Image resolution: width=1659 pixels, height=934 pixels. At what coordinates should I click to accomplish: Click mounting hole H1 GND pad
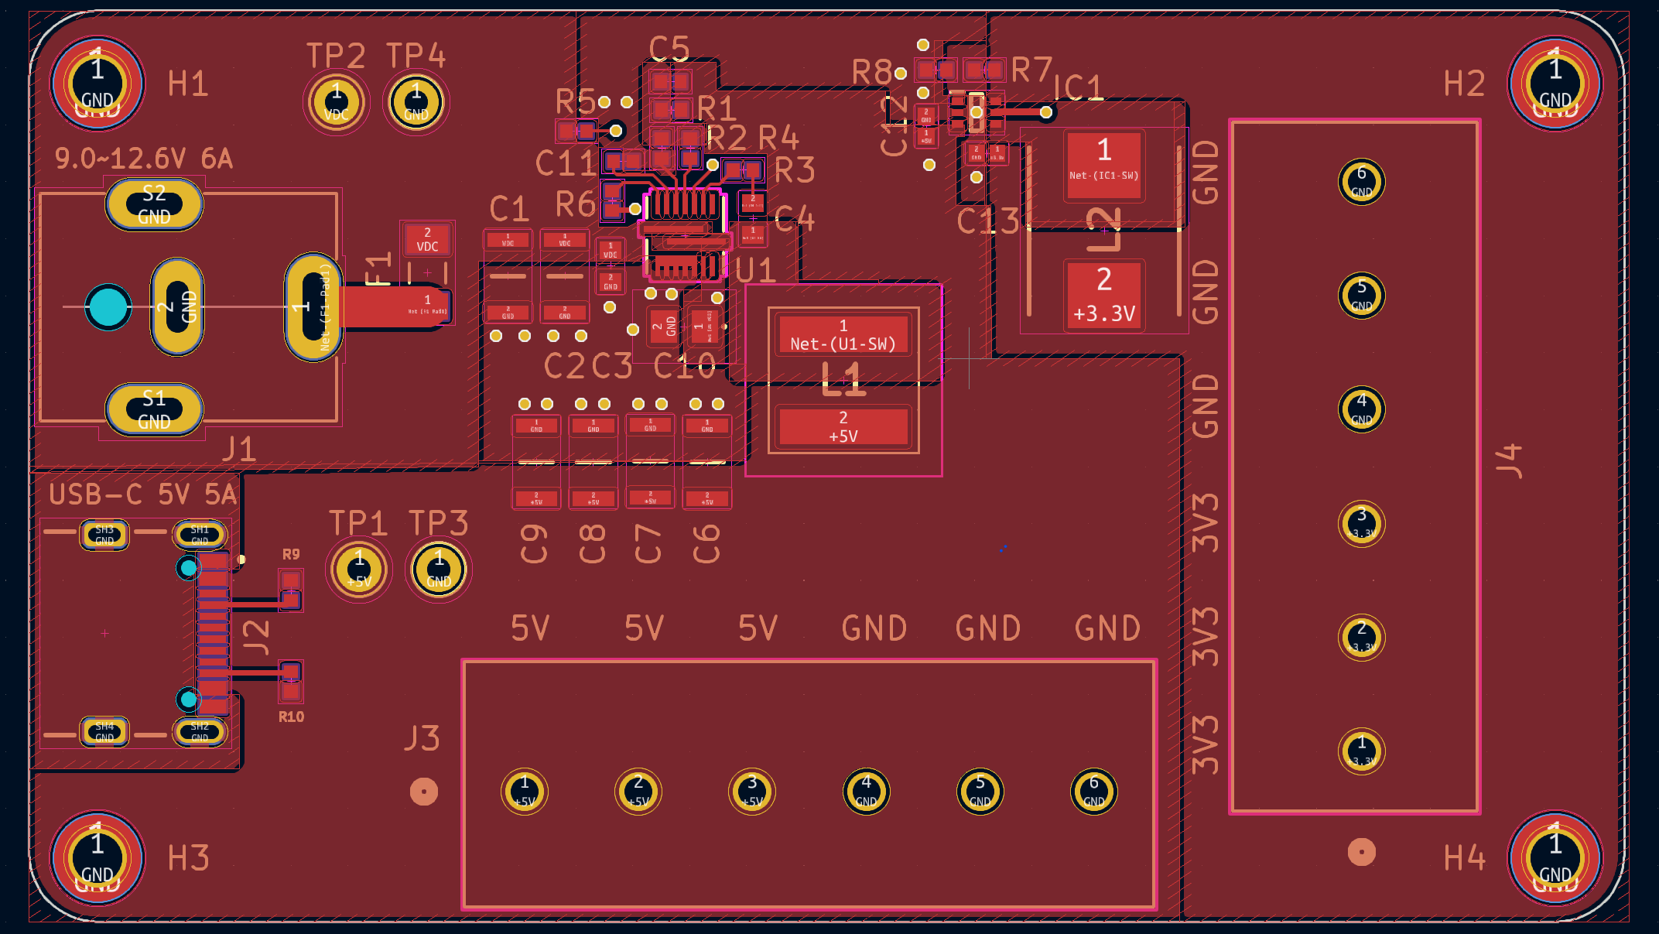[x=97, y=84]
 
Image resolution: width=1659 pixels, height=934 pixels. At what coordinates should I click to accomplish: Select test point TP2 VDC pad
[x=336, y=101]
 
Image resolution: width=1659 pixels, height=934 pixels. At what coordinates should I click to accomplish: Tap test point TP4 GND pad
[x=416, y=101]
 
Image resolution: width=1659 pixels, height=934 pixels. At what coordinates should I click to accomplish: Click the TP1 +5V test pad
[x=359, y=569]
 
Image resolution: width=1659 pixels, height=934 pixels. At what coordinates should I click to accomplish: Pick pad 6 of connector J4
[x=1361, y=181]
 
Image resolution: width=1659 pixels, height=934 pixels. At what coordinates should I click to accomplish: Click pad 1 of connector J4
[x=1361, y=751]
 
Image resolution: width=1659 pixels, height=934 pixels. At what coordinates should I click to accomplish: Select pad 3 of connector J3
[x=752, y=792]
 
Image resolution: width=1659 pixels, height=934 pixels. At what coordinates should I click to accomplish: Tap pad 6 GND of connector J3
[x=1093, y=792]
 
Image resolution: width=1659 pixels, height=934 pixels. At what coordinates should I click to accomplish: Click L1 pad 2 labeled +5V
[x=843, y=426]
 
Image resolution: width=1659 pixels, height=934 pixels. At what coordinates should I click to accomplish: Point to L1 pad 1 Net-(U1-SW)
[x=843, y=335]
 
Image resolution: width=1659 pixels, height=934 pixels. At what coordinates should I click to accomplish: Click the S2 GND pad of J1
[x=154, y=204]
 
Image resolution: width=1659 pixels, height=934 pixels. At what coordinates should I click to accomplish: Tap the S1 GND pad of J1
[x=154, y=409]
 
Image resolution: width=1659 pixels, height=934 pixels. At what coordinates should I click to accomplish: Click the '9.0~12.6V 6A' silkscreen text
[x=143, y=159]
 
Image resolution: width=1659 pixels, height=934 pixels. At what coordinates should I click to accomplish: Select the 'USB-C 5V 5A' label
[x=142, y=494]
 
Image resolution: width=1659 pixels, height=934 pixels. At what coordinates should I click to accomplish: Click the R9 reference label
[x=290, y=554]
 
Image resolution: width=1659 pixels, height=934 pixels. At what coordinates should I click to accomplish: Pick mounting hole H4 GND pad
[x=1555, y=857]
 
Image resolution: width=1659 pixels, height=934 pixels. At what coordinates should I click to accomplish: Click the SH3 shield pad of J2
[x=104, y=535]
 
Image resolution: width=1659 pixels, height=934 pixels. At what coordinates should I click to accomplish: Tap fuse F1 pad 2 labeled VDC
[x=427, y=240]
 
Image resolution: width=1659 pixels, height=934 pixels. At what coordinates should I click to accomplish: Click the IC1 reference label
[x=1078, y=87]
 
